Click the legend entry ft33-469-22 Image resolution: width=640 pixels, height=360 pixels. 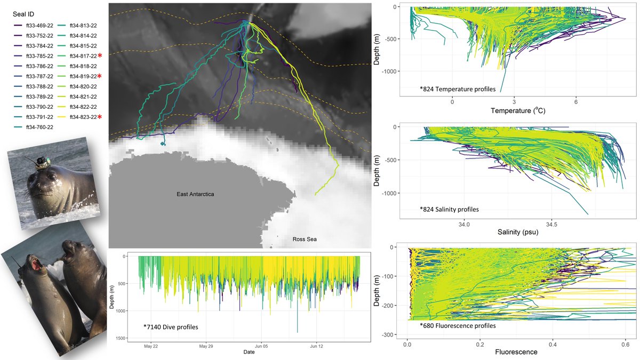33,25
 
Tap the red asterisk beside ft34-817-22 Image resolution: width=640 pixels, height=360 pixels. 100,55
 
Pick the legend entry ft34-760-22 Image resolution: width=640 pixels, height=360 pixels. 33,126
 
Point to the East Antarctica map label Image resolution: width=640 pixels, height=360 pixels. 195,195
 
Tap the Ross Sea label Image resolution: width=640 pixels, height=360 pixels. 304,239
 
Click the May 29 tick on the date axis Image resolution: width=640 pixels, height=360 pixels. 206,345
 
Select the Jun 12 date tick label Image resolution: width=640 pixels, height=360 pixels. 317,345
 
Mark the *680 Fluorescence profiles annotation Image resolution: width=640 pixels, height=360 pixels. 458,325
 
